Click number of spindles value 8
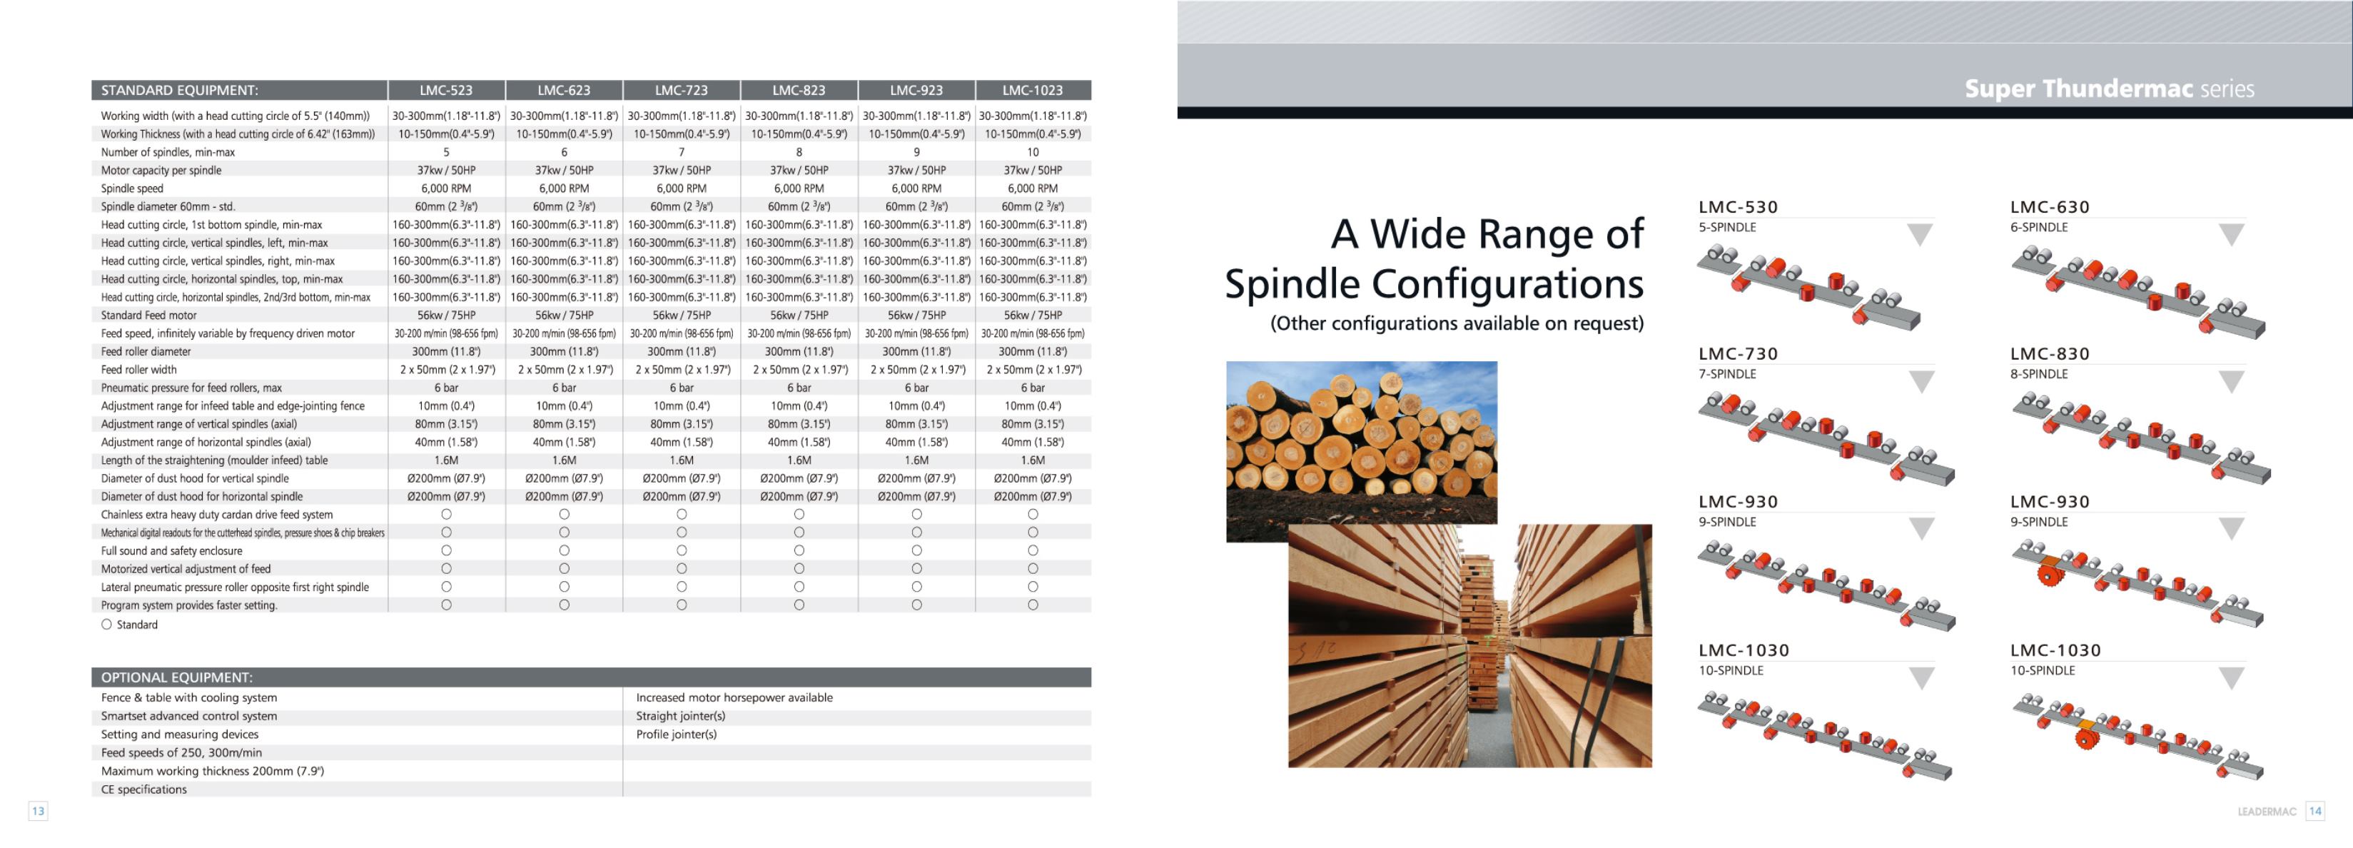799,153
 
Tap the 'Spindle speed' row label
133,188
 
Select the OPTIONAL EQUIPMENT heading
177,677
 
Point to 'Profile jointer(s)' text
677,735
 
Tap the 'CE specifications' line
144,789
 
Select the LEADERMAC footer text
2267,812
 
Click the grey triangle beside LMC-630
2232,234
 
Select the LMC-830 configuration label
2050,353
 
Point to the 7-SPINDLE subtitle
1727,374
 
